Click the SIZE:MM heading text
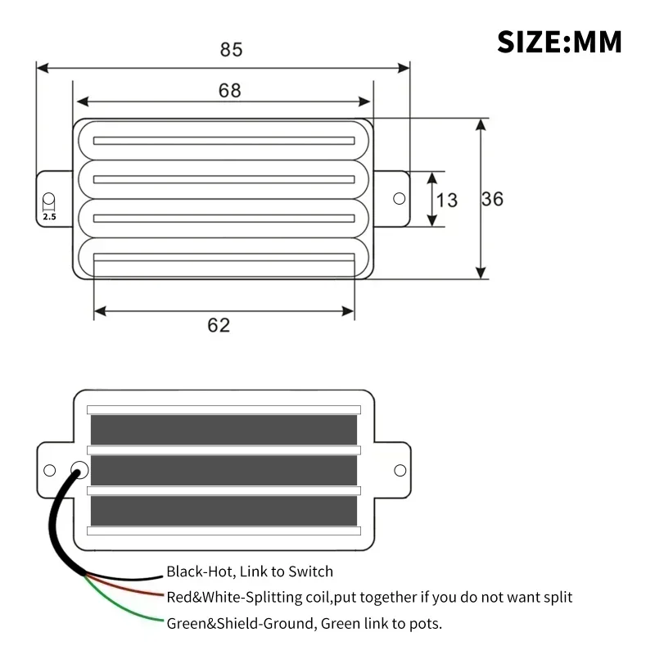pos(559,40)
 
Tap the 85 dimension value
pos(232,49)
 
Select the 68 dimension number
pos(230,90)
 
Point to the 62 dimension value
pos(219,325)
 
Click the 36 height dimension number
pos(492,199)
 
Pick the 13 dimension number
pos(447,199)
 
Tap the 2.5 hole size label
pos(49,217)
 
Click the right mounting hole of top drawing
pos(400,198)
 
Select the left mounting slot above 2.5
pos(49,200)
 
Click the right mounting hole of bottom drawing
pos(400,470)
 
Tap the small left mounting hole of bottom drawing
pos(49,470)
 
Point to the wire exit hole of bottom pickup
pos(79,470)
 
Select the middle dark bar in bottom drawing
pos(224,470)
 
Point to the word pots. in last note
pos(423,623)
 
